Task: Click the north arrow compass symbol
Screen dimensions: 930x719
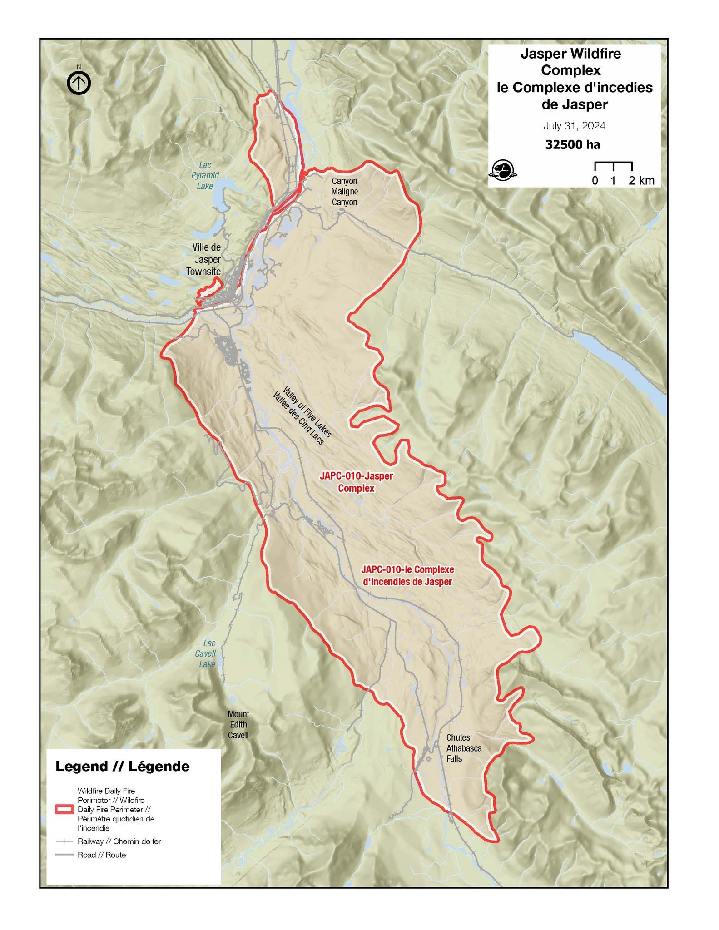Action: click(x=79, y=83)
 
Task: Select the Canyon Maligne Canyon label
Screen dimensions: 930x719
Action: click(x=344, y=192)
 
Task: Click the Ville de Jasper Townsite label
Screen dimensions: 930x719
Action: click(x=205, y=259)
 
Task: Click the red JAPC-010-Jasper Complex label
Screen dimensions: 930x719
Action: click(x=356, y=482)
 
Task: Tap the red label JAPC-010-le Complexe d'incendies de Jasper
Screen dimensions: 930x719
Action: click(x=407, y=575)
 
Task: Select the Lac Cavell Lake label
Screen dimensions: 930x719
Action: click(x=208, y=653)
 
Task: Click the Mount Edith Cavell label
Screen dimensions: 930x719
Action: click(x=238, y=725)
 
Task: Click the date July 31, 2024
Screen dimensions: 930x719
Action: click(x=574, y=126)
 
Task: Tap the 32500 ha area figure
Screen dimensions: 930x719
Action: click(x=572, y=145)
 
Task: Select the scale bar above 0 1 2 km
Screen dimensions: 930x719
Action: click(x=613, y=165)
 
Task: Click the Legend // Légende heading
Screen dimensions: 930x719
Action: click(x=123, y=767)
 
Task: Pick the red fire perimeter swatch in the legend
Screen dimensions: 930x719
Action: click(x=64, y=809)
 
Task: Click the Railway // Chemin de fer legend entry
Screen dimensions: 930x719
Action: click(x=119, y=841)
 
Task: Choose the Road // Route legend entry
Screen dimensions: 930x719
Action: click(x=102, y=855)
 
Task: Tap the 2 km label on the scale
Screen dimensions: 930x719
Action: click(x=641, y=181)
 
